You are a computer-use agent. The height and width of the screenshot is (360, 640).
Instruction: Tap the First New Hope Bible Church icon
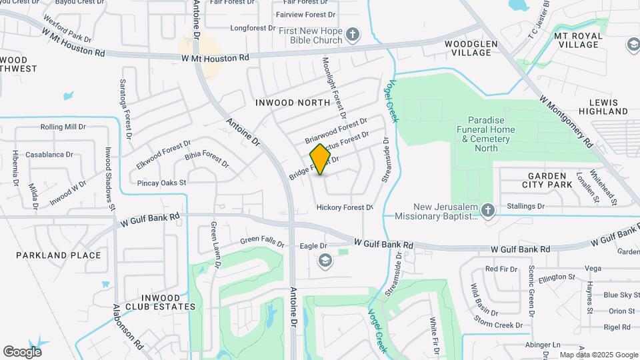pos(353,34)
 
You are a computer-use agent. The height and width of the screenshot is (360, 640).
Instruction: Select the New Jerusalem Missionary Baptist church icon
pos(488,211)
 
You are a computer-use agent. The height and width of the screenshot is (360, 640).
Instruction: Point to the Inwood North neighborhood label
pos(293,103)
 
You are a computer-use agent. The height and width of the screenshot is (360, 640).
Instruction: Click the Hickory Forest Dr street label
pos(344,207)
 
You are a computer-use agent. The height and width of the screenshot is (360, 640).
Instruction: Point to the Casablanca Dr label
pos(49,155)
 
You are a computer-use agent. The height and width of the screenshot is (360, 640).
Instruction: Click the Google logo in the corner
pos(22,351)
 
